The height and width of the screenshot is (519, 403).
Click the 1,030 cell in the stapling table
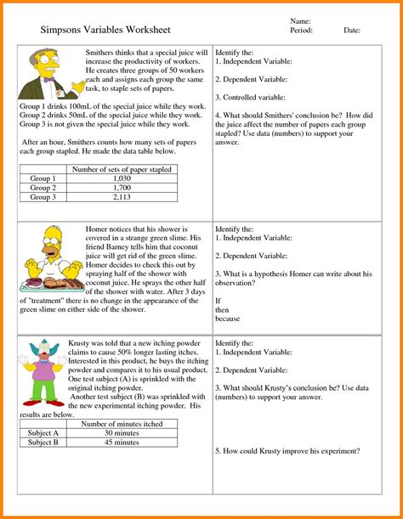122,179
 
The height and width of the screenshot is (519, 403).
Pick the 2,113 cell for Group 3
122,197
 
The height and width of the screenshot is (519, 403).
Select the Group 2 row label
43,188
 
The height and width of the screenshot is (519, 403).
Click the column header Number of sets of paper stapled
122,170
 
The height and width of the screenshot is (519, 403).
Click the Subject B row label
43,442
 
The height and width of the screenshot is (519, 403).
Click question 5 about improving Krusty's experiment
287,450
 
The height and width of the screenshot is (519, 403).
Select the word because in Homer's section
228,319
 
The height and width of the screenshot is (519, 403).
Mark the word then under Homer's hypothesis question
223,310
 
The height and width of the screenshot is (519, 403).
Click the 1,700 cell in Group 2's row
122,188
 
